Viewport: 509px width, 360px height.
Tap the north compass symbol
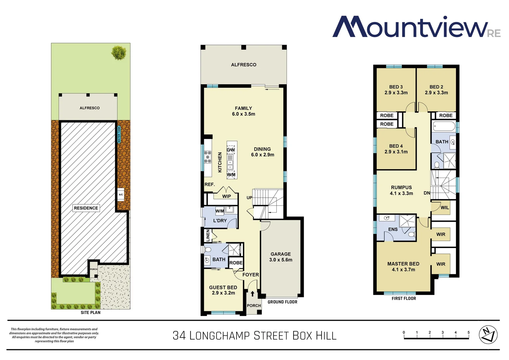coord(488,335)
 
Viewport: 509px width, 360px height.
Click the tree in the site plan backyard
coord(119,53)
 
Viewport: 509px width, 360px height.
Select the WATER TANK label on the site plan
coord(119,134)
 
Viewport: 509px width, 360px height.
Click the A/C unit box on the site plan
coord(121,195)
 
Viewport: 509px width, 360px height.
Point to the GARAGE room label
coord(280,254)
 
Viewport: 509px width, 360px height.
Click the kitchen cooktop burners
coord(208,157)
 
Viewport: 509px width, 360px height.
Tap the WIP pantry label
coord(227,196)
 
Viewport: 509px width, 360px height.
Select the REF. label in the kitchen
coord(210,184)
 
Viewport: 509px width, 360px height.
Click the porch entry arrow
coord(253,294)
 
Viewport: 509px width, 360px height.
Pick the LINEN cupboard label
coord(208,235)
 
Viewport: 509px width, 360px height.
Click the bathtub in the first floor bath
coord(444,127)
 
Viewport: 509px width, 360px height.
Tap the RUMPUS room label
coord(401,187)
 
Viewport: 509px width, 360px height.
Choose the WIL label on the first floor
coord(445,207)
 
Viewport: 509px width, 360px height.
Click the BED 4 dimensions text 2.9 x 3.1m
coord(396,152)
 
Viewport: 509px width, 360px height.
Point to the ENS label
coord(393,229)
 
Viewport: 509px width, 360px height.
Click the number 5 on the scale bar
coord(468,332)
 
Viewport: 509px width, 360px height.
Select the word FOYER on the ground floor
coord(251,275)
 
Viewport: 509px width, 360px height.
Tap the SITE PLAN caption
coord(90,312)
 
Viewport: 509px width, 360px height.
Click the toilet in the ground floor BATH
coord(208,250)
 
